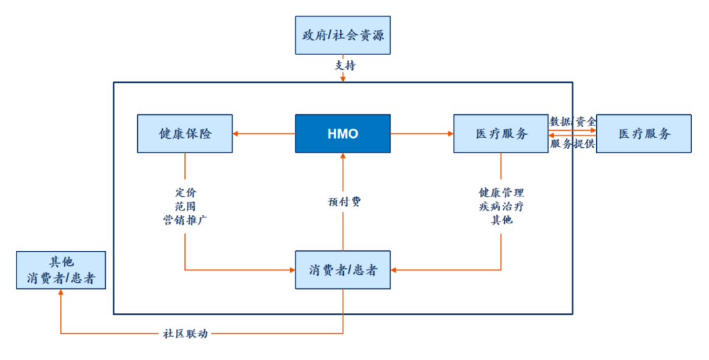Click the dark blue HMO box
[x=343, y=133]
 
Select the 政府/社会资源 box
[x=343, y=35]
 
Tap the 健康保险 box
[x=185, y=133]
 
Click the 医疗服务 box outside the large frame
[x=644, y=133]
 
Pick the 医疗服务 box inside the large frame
[x=501, y=133]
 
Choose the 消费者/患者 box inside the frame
[x=343, y=270]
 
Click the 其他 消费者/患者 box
[x=61, y=270]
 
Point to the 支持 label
[x=345, y=66]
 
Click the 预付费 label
[x=345, y=202]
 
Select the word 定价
[x=186, y=192]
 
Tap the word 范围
[x=186, y=206]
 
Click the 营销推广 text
[x=185, y=220]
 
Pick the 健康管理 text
[x=502, y=192]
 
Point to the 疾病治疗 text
[x=502, y=206]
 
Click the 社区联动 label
[x=185, y=334]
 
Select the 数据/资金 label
[x=573, y=122]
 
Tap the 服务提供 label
[x=572, y=144]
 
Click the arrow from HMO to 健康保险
[x=264, y=133]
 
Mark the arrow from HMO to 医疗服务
[x=422, y=133]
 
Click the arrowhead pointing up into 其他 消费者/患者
[x=60, y=292]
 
